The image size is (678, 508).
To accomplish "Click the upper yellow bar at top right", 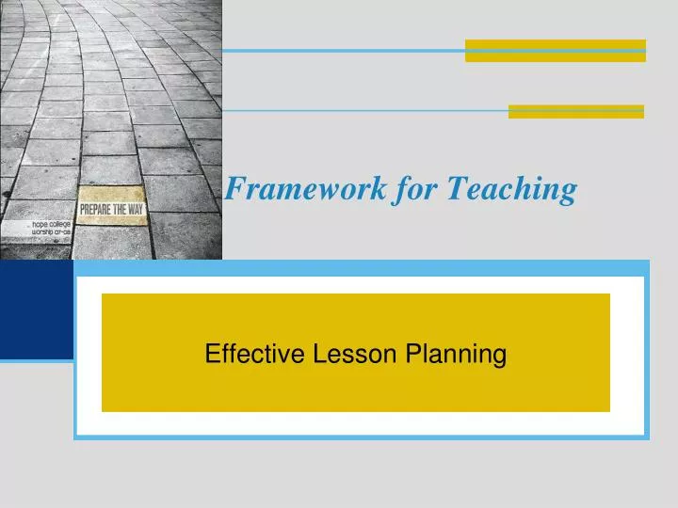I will tap(556, 51).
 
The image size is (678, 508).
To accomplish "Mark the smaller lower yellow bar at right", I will tap(576, 112).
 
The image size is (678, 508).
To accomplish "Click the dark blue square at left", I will tap(36, 310).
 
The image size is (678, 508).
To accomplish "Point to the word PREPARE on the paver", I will tap(95, 210).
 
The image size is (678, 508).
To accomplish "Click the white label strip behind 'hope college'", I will tap(38, 231).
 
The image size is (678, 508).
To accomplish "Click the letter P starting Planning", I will tap(412, 355).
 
